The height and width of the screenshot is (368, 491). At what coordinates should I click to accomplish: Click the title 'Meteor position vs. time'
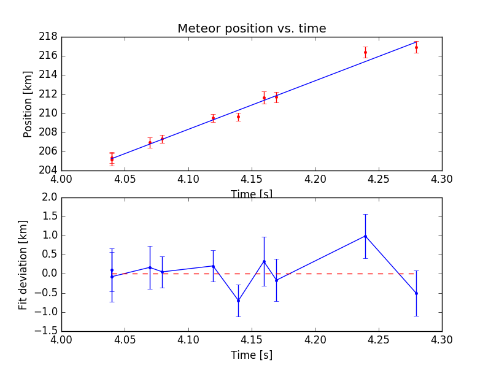point(252,28)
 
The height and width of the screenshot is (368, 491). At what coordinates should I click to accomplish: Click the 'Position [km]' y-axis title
point(28,104)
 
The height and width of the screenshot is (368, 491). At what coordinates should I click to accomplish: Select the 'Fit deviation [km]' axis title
point(23,264)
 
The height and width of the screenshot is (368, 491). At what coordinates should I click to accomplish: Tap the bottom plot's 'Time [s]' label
point(252,355)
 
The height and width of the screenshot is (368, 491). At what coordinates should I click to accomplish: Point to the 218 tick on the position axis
point(48,37)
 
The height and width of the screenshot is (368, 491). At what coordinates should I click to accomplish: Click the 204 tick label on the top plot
point(48,171)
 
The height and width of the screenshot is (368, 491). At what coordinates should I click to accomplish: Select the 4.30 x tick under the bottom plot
point(441,340)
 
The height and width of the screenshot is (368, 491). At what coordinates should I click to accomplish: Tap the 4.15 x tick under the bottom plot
point(252,340)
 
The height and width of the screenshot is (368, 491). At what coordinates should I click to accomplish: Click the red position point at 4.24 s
point(365,52)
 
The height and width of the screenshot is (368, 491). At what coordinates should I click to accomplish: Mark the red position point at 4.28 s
point(416,47)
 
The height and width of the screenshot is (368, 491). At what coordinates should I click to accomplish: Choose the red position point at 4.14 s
point(238,117)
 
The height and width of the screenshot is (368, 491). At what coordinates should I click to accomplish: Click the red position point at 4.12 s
point(213,118)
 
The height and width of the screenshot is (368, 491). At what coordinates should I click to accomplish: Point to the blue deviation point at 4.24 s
point(365,236)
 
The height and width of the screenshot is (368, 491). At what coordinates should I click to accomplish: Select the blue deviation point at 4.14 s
point(238,301)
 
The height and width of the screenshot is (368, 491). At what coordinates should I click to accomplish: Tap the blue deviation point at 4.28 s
point(416,293)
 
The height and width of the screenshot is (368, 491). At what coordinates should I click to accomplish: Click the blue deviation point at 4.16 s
point(264,261)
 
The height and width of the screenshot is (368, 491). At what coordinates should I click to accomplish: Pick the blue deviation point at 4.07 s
point(150,267)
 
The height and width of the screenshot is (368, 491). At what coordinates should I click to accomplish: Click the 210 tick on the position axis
point(48,113)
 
